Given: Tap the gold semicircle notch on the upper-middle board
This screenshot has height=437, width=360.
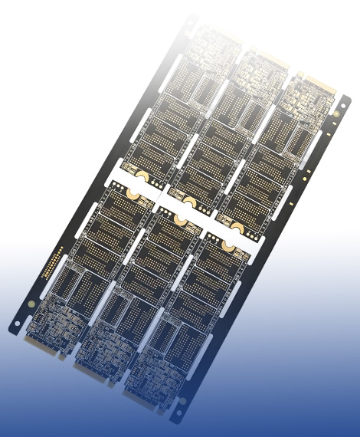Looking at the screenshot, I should [188, 202].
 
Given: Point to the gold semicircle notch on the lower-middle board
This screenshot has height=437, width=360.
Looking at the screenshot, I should [181, 219].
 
